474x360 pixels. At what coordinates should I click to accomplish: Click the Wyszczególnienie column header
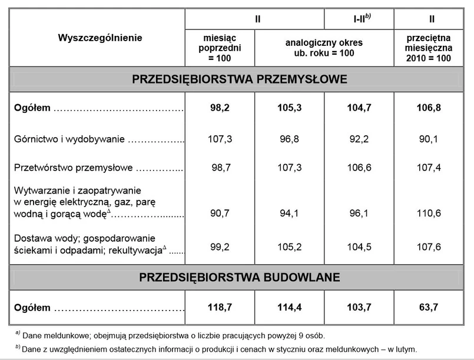click(100, 38)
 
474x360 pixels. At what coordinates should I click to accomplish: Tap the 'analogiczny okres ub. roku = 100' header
click(324, 48)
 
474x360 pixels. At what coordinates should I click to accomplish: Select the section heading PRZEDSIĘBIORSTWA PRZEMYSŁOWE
click(240, 79)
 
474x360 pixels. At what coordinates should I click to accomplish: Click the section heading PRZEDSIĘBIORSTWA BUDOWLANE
click(240, 277)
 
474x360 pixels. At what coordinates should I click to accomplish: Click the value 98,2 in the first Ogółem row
click(220, 108)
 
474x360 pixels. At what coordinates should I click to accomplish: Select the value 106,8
click(429, 108)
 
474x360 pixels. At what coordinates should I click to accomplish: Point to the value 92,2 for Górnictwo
click(359, 139)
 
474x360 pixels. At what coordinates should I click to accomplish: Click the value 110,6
click(429, 214)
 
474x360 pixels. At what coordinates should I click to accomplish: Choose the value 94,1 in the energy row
click(289, 214)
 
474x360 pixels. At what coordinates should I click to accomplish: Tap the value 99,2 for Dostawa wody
click(220, 247)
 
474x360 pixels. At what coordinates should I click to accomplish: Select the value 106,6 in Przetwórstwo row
click(359, 168)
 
